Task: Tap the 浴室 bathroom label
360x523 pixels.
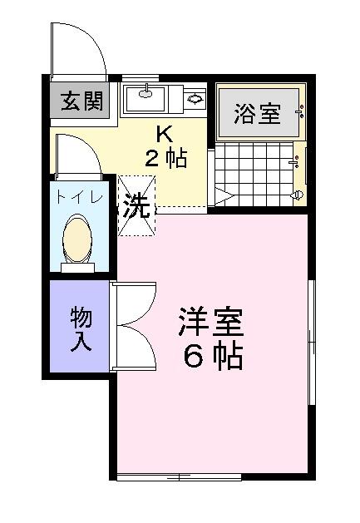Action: pyautogui.click(x=257, y=113)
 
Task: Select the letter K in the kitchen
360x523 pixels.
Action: pyautogui.click(x=165, y=135)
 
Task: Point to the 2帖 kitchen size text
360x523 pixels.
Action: pyautogui.click(x=165, y=157)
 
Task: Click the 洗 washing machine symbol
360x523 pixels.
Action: pyautogui.click(x=137, y=206)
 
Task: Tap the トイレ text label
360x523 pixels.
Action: pyautogui.click(x=79, y=197)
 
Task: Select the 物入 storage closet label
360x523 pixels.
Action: pyautogui.click(x=81, y=329)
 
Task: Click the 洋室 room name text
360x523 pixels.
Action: pyautogui.click(x=211, y=322)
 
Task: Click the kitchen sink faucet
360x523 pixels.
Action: pyautogui.click(x=145, y=91)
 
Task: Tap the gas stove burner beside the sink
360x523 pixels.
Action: pyautogui.click(x=195, y=98)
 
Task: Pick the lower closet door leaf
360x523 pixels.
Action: pyautogui.click(x=135, y=348)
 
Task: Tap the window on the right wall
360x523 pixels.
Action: pyautogui.click(x=312, y=343)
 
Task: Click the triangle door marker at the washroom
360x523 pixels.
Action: pyautogui.click(x=224, y=196)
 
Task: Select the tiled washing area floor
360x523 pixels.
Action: pyautogui.click(x=254, y=174)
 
